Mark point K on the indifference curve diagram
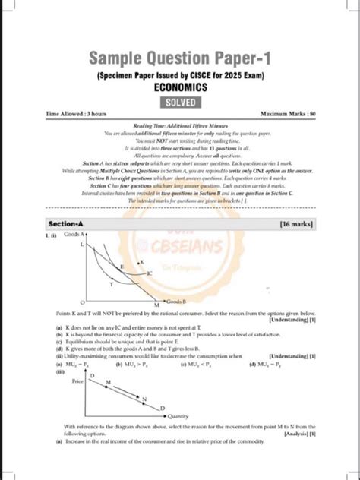[141, 262]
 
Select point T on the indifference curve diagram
[112, 285]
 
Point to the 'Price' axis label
[77, 381]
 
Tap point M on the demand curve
[109, 382]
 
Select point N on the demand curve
[144, 398]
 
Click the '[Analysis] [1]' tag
[300, 434]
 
